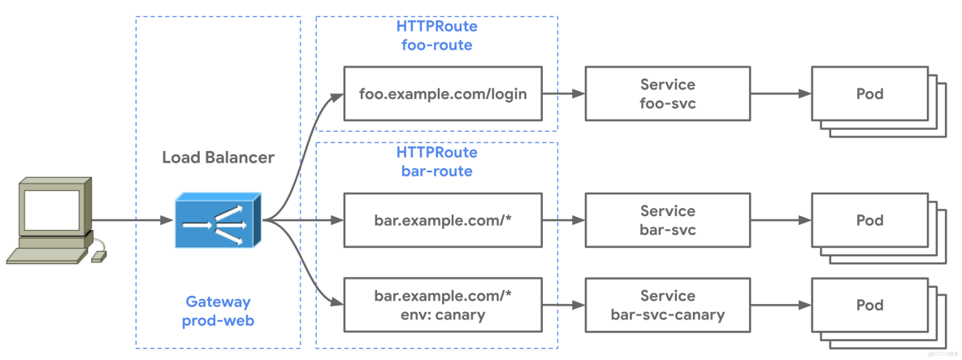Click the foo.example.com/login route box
pyautogui.click(x=443, y=94)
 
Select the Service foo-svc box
pyautogui.click(x=667, y=94)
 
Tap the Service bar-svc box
pyautogui.click(x=667, y=220)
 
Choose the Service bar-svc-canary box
pyautogui.click(x=667, y=305)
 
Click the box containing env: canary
pyautogui.click(x=443, y=305)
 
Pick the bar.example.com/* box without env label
pyautogui.click(x=443, y=220)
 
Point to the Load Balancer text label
pyautogui.click(x=218, y=158)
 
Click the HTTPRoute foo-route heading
pyautogui.click(x=436, y=36)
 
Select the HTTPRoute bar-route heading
pyautogui.click(x=436, y=162)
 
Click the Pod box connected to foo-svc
pyautogui.click(x=869, y=94)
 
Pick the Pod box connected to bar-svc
pyautogui.click(x=869, y=220)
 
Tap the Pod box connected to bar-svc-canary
pyautogui.click(x=869, y=305)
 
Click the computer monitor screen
pyautogui.click(x=50, y=209)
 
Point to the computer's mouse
pyautogui.click(x=98, y=257)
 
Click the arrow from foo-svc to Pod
pyautogui.click(x=780, y=94)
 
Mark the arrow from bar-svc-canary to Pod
pyautogui.click(x=780, y=305)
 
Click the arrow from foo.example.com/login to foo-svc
pyautogui.click(x=564, y=94)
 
